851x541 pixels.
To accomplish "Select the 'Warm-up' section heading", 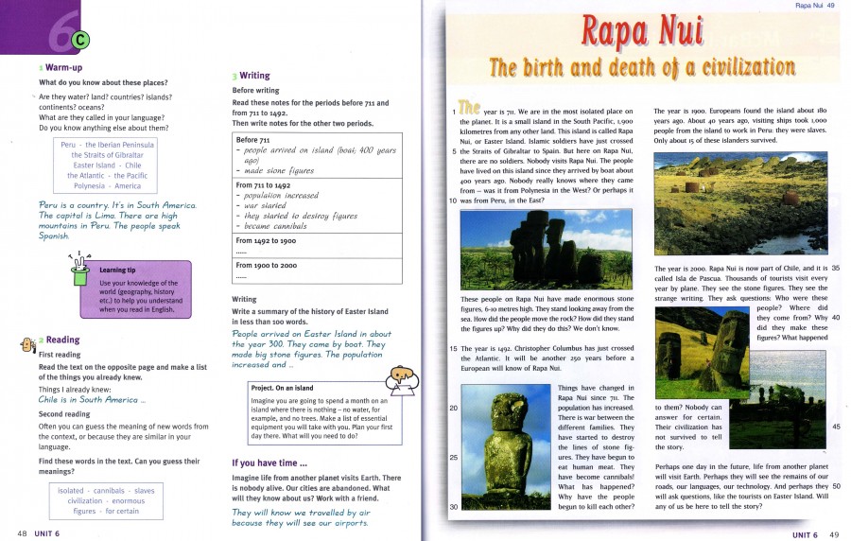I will (64, 68).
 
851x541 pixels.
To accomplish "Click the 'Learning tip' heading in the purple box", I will (117, 270).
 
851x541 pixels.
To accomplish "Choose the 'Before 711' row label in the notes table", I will (252, 140).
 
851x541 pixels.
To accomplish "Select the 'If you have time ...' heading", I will (269, 462).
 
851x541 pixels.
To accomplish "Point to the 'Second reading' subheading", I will (63, 414).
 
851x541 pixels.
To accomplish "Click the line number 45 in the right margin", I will (836, 427).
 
